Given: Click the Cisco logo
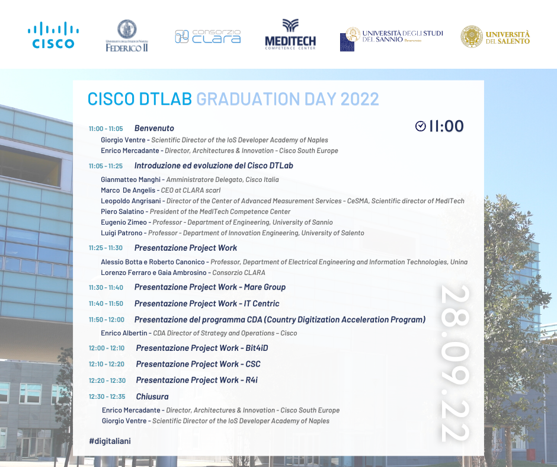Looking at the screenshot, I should pyautogui.click(x=53, y=35).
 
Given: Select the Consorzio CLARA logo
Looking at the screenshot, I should pyautogui.click(x=208, y=36).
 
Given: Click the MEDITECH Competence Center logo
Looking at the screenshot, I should pyautogui.click(x=290, y=34).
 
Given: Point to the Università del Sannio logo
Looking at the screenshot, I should pyautogui.click(x=391, y=37).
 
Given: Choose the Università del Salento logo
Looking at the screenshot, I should pyautogui.click(x=495, y=37).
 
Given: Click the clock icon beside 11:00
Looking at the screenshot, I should pyautogui.click(x=421, y=126).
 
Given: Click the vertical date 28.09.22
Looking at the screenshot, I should pyautogui.click(x=456, y=363).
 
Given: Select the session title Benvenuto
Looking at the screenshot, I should pyautogui.click(x=154, y=128).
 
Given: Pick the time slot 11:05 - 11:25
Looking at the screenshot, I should pyautogui.click(x=105, y=166).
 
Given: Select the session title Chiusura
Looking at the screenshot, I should pyautogui.click(x=152, y=396).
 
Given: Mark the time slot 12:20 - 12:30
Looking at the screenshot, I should pyautogui.click(x=107, y=380).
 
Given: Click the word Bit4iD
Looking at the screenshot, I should pyautogui.click(x=257, y=348).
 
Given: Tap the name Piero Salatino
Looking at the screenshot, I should pyautogui.click(x=123, y=212).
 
